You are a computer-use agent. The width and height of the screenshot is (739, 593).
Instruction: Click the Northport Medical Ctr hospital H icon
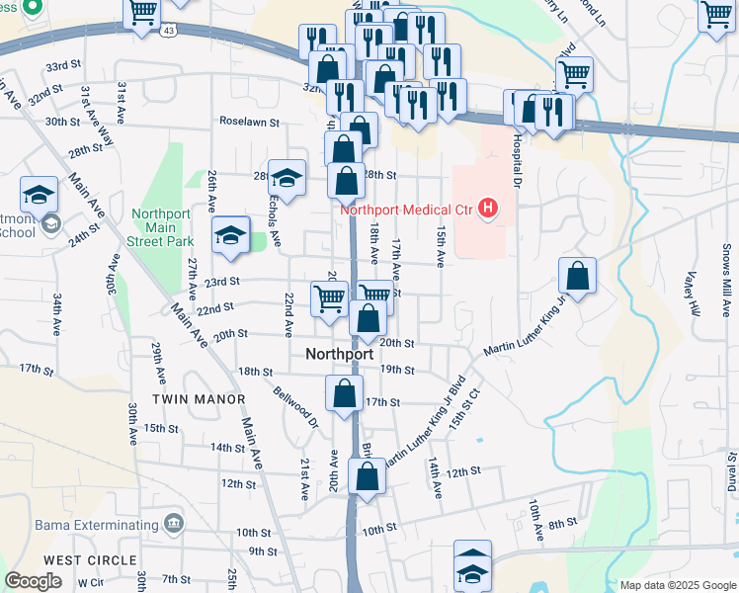(487, 209)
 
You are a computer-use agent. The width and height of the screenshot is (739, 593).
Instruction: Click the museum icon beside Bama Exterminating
(175, 522)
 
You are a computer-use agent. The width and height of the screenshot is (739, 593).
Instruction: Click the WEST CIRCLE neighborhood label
(90, 559)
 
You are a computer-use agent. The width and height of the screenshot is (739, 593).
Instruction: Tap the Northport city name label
(340, 354)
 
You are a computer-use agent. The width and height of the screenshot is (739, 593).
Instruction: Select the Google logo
(34, 581)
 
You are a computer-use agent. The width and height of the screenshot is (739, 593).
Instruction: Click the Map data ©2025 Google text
(677, 585)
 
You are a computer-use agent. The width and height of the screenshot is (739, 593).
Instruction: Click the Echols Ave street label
(276, 217)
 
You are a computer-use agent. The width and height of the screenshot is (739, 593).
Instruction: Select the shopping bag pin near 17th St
(344, 392)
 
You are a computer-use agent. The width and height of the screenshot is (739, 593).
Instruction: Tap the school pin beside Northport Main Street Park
(230, 235)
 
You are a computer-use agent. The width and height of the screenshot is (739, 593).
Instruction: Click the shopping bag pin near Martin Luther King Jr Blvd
(577, 276)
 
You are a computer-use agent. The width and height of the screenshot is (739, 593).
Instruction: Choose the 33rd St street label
(62, 66)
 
